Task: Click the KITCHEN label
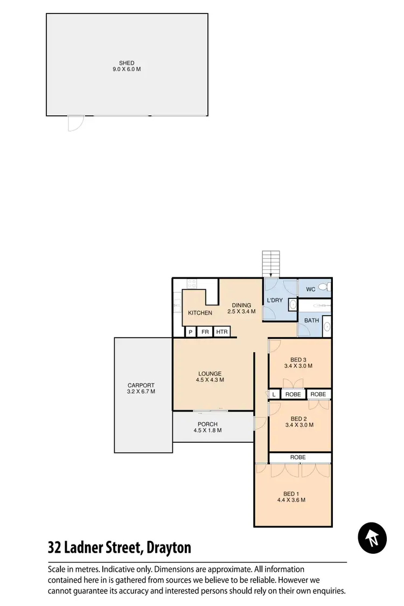coord(200,313)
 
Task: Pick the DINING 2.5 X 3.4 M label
coord(241,308)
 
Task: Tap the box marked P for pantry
coord(191,332)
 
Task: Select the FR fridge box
coord(205,332)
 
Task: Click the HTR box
coord(221,332)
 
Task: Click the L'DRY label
coord(275,301)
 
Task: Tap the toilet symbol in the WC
coord(323,287)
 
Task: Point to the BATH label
coord(311,321)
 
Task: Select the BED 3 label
coord(298,363)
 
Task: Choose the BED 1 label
coord(291,497)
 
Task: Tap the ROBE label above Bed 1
coord(298,457)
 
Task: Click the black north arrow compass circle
coord(372,538)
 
